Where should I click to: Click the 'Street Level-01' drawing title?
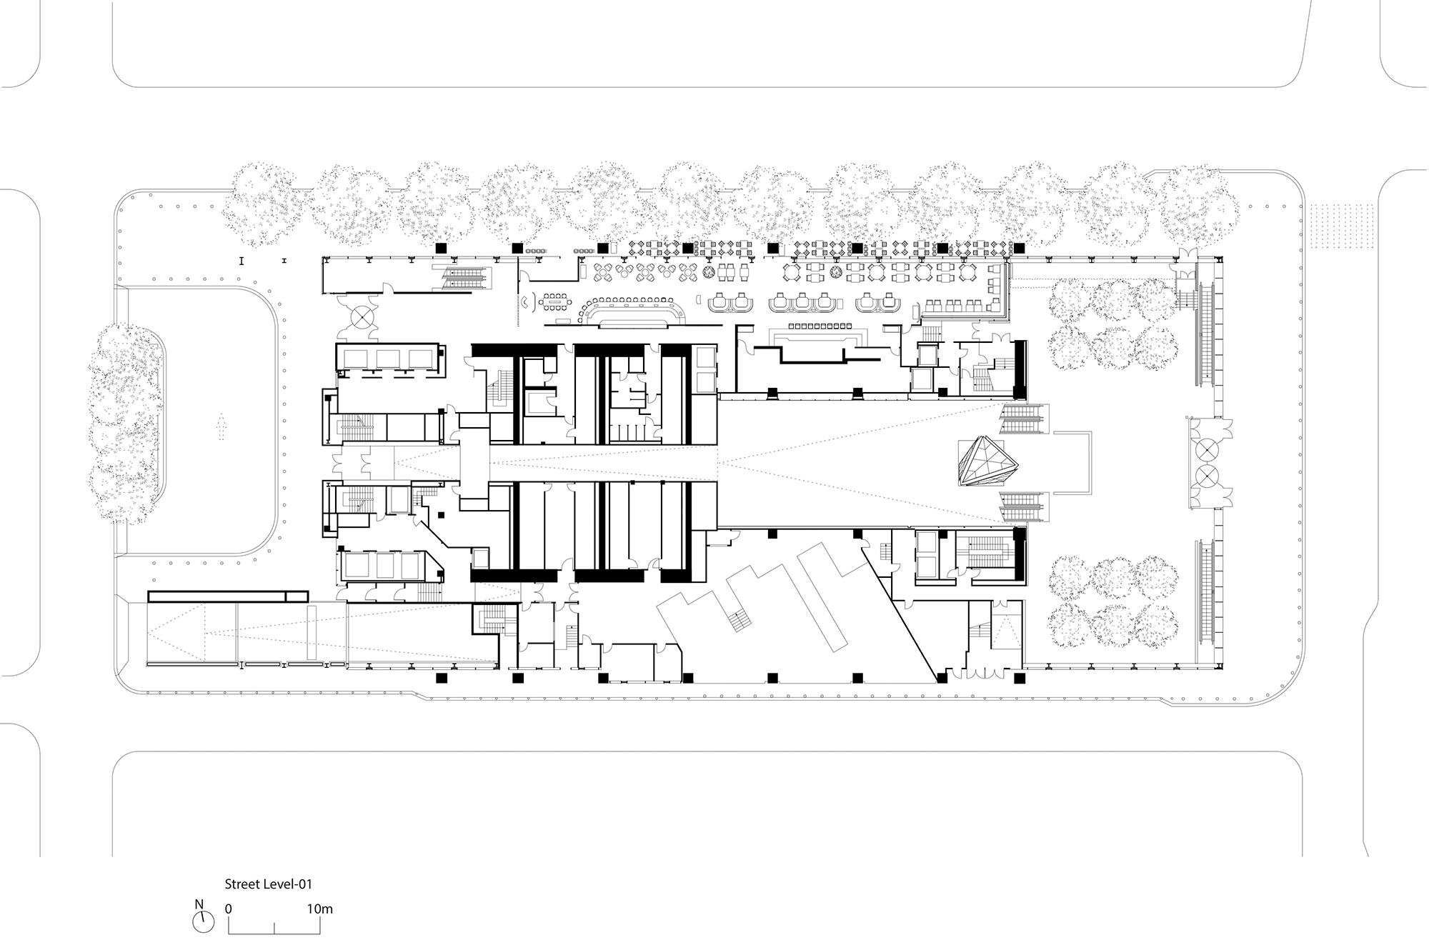[268, 884]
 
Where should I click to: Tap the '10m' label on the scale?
[320, 909]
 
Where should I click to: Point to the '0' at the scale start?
[228, 909]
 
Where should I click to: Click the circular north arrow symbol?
[203, 922]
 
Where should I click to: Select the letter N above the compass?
[199, 904]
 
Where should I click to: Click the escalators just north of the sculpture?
[1024, 419]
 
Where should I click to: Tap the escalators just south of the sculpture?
[1024, 508]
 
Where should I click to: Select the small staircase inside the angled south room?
[741, 622]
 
